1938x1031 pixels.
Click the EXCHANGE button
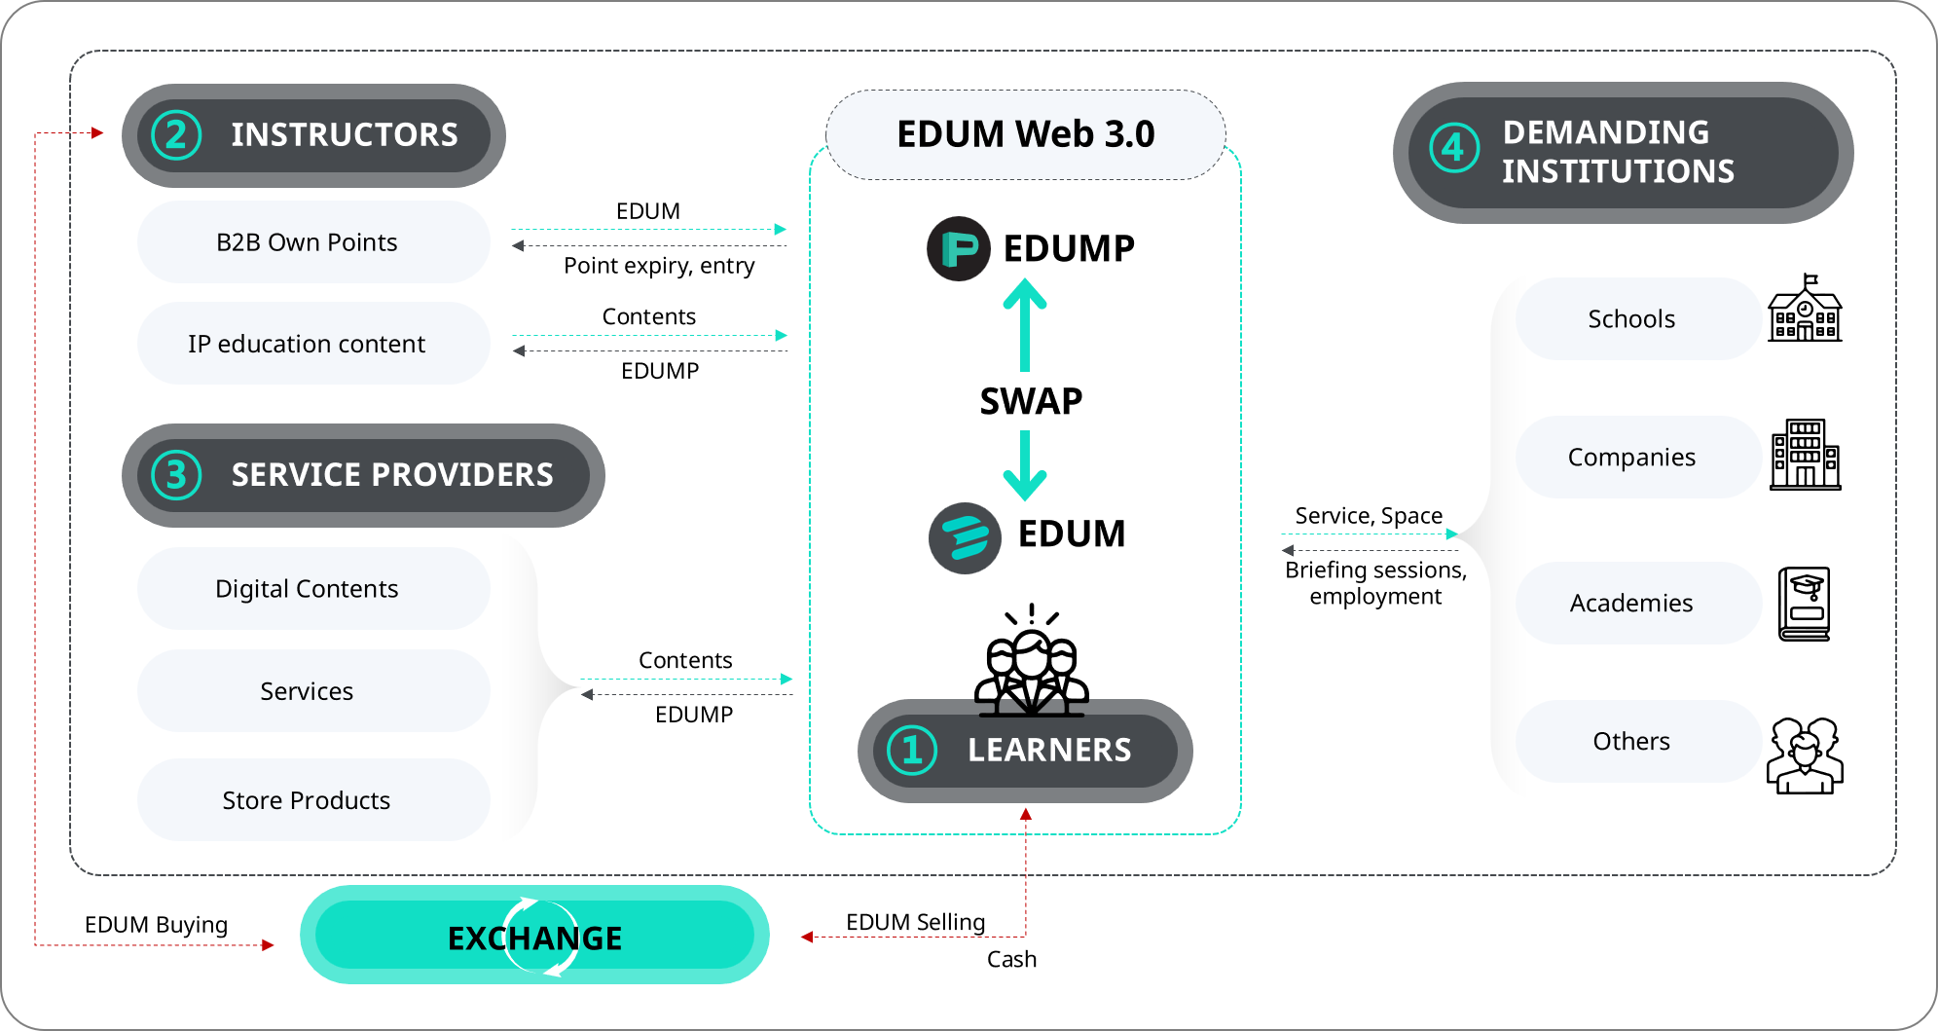tap(534, 936)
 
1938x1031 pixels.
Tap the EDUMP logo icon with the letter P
tap(959, 248)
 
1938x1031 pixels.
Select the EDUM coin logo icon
tap(965, 538)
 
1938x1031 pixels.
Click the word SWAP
tap(1031, 401)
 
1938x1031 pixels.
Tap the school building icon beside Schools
tap(1805, 310)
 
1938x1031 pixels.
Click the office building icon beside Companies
tap(1806, 455)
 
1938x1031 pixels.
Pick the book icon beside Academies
tap(1805, 604)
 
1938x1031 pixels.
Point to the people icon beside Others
tap(1805, 755)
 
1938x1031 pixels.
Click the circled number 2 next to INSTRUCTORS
tap(176, 135)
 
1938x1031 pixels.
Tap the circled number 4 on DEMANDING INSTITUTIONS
tap(1453, 148)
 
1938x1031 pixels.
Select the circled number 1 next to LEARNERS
tap(912, 751)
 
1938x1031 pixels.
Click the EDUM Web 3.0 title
tap(1026, 134)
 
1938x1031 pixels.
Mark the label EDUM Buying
tap(156, 925)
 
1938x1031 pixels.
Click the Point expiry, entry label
tap(659, 266)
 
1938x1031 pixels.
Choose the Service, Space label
tap(1369, 516)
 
